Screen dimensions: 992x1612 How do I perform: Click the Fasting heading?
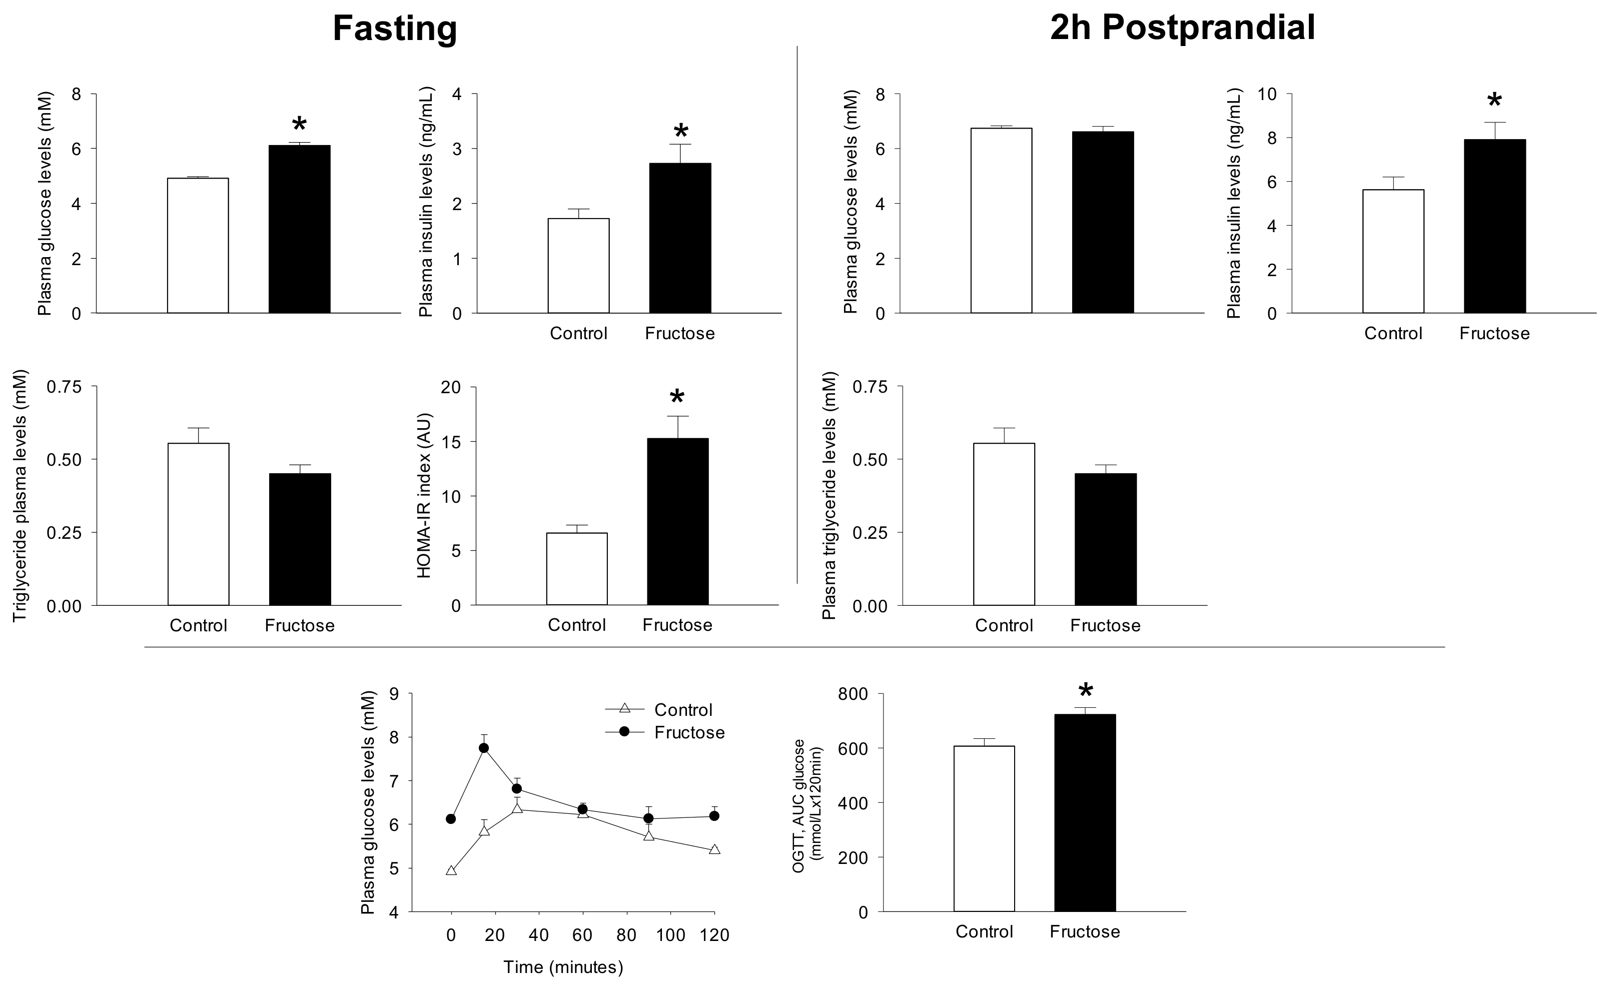[x=394, y=29]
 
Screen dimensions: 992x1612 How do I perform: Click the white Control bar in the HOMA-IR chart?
[x=577, y=569]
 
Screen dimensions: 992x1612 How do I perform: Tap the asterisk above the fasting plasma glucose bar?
[x=299, y=125]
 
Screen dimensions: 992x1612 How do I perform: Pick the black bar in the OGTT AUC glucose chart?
[x=1085, y=813]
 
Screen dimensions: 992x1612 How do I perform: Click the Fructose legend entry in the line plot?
[x=688, y=732]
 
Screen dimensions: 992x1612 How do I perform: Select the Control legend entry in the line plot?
[x=682, y=710]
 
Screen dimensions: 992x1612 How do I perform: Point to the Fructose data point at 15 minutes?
[x=484, y=748]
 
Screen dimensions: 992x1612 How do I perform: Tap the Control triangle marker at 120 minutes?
[x=714, y=849]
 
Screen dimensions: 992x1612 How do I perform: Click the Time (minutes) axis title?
[x=563, y=967]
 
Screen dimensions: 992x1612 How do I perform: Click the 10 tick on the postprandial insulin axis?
[x=1266, y=95]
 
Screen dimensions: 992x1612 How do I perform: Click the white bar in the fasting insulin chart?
[x=579, y=266]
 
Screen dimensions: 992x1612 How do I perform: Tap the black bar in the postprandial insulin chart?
[x=1494, y=226]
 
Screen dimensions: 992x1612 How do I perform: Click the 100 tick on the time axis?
[x=670, y=935]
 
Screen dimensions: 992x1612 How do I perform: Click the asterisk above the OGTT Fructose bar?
[x=1085, y=691]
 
